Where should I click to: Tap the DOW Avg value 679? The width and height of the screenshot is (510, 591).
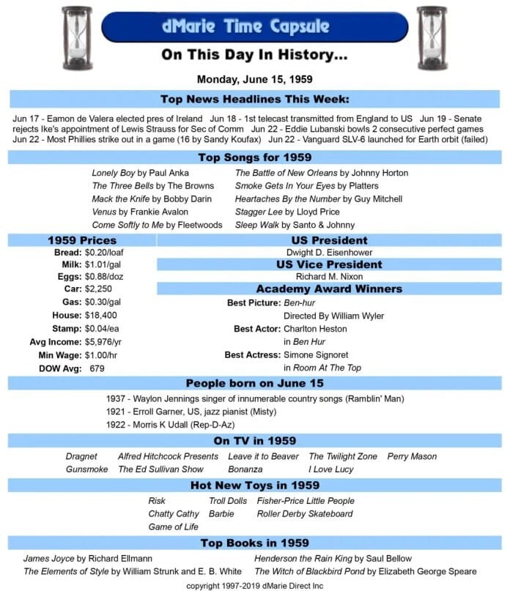(97, 368)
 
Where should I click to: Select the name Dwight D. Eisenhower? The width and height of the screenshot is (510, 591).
(328, 252)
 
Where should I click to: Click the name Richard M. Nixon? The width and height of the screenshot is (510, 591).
(328, 277)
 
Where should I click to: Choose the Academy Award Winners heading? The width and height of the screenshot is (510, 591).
(328, 289)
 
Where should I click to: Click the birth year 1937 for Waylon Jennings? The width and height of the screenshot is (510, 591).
(117, 398)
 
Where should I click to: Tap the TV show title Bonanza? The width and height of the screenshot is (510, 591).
(245, 469)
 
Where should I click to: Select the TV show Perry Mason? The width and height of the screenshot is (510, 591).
(412, 456)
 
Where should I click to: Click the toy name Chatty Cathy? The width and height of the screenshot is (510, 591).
(173, 513)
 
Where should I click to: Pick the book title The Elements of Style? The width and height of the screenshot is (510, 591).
(66, 570)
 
